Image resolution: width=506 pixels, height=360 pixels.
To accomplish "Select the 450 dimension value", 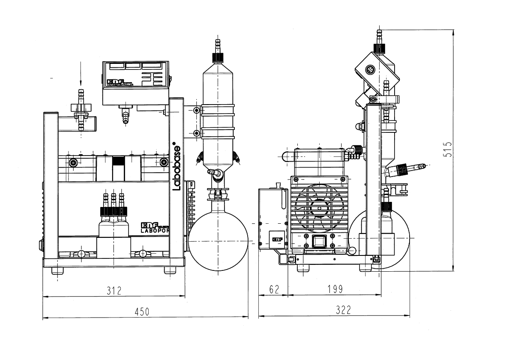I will [x=141, y=312].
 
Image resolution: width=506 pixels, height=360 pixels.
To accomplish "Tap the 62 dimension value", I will [x=275, y=289].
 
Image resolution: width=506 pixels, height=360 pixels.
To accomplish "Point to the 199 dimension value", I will [x=335, y=289].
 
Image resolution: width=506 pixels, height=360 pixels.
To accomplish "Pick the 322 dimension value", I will [x=343, y=310].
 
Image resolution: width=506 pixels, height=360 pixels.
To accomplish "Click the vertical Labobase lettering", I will [x=176, y=168].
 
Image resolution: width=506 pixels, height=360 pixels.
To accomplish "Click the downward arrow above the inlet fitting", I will [x=80, y=75].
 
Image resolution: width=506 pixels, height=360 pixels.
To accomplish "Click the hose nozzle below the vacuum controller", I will [x=125, y=114].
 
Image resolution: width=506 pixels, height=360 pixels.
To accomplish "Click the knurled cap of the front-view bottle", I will [x=114, y=211].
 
